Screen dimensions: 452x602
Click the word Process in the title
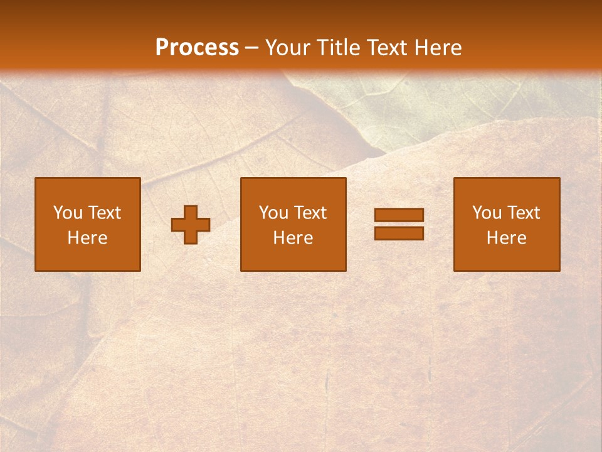[197, 48]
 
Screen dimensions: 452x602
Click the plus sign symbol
[191, 225]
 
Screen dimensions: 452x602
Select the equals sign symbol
[399, 224]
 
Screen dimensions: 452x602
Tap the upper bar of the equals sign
[399, 215]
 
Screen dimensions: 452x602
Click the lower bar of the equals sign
[399, 233]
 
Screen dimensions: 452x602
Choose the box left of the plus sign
[88, 224]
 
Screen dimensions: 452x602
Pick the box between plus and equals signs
[293, 224]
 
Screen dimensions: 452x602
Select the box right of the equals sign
[506, 224]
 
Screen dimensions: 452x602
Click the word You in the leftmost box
[68, 213]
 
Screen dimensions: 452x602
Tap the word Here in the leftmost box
[88, 238]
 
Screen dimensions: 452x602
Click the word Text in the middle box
[310, 213]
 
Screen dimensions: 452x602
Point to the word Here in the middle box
[293, 238]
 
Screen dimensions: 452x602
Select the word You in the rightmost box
[487, 213]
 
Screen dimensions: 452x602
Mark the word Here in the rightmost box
[506, 238]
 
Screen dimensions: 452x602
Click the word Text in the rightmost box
[524, 213]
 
